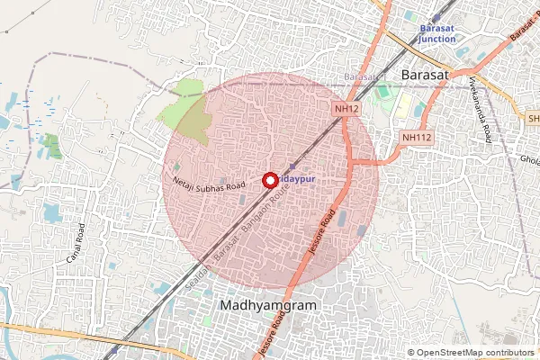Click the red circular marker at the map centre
pos(269,179)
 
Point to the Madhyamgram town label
pos(269,306)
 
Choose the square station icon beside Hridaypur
pos(292,167)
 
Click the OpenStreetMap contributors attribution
pos(472,353)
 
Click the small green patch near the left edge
pos(51,146)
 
